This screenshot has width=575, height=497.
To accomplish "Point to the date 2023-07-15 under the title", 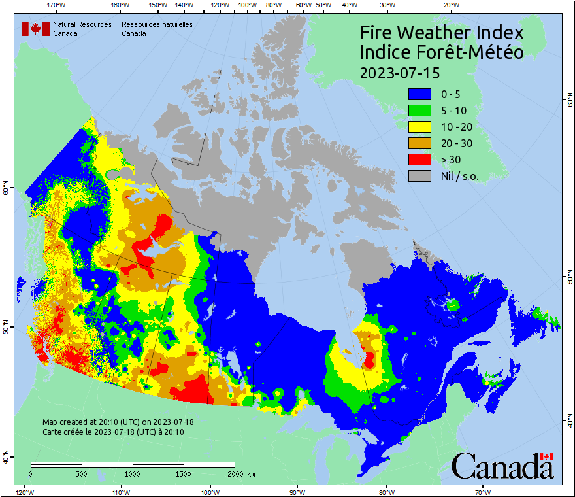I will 399,72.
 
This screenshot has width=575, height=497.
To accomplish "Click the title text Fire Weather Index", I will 442,33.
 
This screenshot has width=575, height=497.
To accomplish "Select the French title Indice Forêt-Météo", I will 442,52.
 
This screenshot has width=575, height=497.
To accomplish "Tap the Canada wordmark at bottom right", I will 502,466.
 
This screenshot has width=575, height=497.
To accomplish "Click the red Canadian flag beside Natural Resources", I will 35,29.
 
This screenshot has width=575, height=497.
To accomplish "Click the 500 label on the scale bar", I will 81,473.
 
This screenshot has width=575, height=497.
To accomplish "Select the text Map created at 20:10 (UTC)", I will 118,422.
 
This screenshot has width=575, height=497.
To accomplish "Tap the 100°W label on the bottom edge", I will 210,492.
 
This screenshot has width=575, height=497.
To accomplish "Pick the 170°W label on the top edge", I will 57,5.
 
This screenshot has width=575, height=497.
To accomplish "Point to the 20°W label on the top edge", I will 450,5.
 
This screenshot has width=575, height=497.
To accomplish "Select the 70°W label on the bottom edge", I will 483,492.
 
